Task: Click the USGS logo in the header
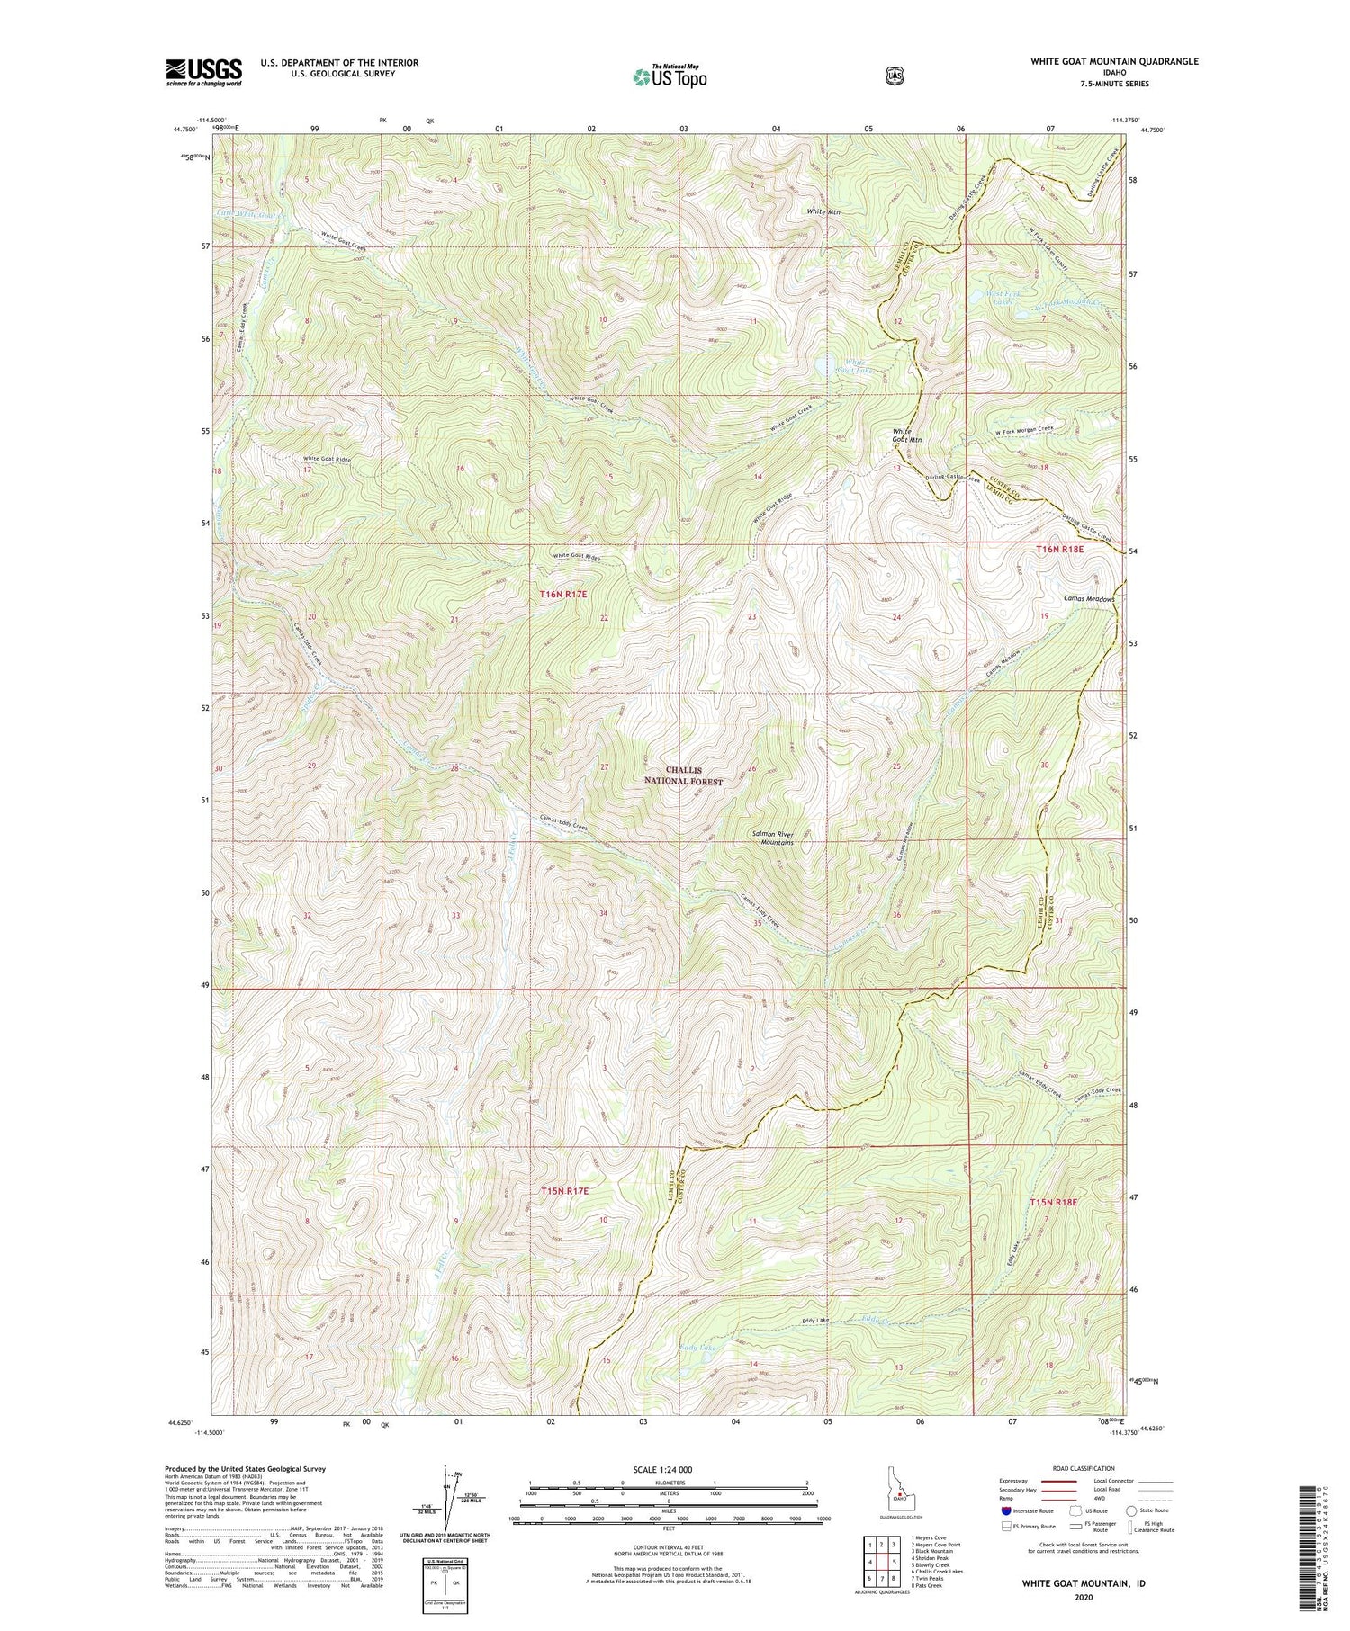click(x=203, y=72)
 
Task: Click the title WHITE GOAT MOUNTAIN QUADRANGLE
click(x=1114, y=61)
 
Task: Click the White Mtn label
click(x=823, y=211)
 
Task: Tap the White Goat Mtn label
click(x=906, y=436)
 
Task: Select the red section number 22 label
click(x=604, y=618)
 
